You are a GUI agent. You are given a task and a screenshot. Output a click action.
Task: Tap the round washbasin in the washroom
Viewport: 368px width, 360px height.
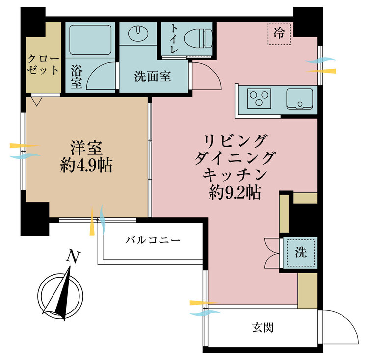(138, 33)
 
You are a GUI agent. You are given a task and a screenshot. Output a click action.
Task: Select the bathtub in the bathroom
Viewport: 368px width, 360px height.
(90, 40)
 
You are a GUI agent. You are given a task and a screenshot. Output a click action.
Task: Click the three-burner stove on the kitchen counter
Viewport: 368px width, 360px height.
(259, 99)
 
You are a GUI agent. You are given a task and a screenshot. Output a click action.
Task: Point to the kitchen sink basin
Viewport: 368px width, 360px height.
(299, 99)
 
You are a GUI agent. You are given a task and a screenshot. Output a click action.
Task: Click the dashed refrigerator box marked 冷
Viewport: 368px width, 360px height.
(280, 33)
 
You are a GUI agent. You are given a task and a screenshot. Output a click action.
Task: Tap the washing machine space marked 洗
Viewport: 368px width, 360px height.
(301, 253)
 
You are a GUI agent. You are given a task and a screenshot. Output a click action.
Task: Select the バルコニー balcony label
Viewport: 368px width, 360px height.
(153, 240)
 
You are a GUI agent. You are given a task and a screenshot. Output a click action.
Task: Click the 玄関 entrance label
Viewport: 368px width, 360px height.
(263, 327)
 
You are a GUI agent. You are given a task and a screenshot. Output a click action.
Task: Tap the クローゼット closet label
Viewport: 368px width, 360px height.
(43, 64)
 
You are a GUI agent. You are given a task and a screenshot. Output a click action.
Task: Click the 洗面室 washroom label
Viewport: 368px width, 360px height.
(153, 77)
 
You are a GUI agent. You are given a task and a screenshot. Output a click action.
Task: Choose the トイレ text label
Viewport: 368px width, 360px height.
(174, 39)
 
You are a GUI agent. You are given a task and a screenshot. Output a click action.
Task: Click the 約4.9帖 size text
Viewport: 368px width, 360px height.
(86, 165)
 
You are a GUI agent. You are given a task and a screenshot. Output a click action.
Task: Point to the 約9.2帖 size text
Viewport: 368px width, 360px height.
(235, 193)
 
